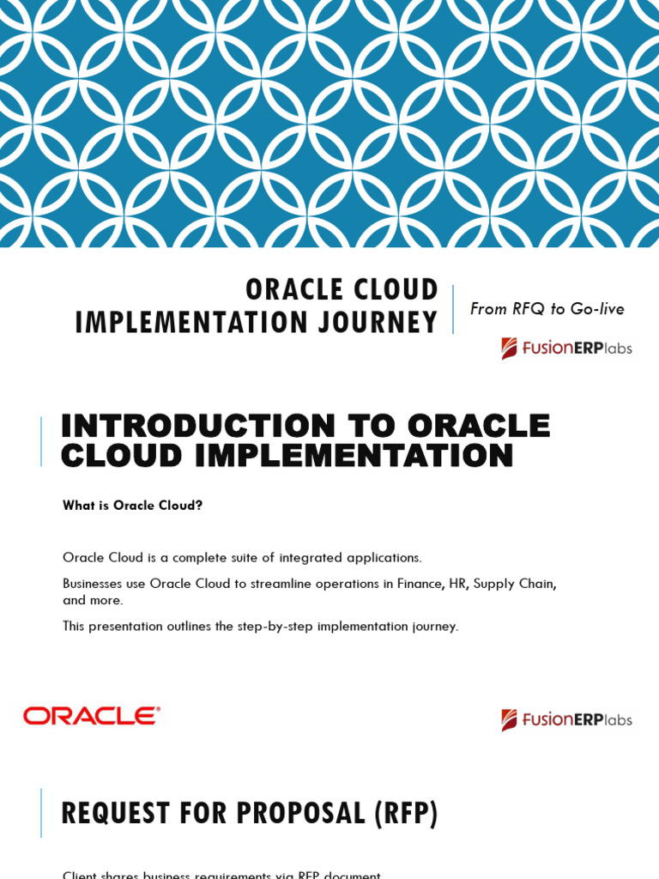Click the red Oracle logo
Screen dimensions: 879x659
(x=92, y=716)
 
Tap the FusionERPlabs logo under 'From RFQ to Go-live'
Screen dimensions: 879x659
(x=566, y=348)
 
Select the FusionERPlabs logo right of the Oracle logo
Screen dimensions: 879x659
(x=566, y=719)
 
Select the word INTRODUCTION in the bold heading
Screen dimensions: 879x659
(x=196, y=426)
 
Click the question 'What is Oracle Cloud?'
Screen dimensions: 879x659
(x=132, y=506)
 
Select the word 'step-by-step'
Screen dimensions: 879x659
(x=274, y=627)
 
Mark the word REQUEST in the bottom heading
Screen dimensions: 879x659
(x=116, y=813)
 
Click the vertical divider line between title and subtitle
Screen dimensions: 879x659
(x=453, y=309)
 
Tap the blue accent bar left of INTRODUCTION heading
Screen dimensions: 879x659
(x=40, y=441)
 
